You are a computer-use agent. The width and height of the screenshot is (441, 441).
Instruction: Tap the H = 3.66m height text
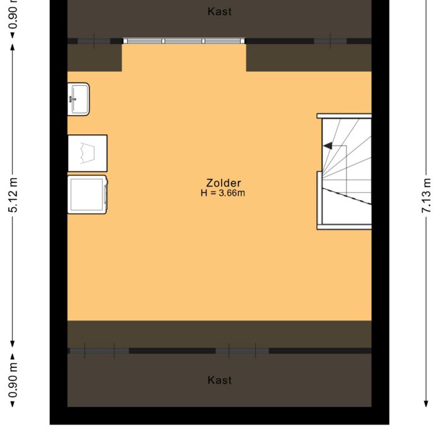pyautogui.click(x=222, y=193)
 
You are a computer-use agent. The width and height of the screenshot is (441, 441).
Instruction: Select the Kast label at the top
pyautogui.click(x=219, y=11)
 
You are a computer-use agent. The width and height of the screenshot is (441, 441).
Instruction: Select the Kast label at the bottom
pyautogui.click(x=219, y=380)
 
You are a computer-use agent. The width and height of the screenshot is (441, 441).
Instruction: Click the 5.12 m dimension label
pyautogui.click(x=13, y=195)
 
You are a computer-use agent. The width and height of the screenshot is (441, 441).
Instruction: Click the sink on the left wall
pyautogui.click(x=79, y=99)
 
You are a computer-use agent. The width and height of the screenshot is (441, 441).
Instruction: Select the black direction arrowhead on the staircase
pyautogui.click(x=328, y=146)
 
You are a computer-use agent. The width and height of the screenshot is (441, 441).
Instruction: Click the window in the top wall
pyautogui.click(x=183, y=41)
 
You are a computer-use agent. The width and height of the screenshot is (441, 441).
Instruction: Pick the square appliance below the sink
pyautogui.click(x=88, y=153)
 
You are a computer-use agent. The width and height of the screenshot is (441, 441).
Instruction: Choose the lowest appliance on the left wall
pyautogui.click(x=88, y=194)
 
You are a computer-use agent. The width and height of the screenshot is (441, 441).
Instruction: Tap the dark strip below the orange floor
pyautogui.click(x=219, y=333)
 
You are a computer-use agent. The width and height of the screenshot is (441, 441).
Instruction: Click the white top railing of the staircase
pyautogui.click(x=344, y=116)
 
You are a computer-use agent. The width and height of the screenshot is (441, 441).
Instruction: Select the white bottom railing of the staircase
pyautogui.click(x=344, y=226)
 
